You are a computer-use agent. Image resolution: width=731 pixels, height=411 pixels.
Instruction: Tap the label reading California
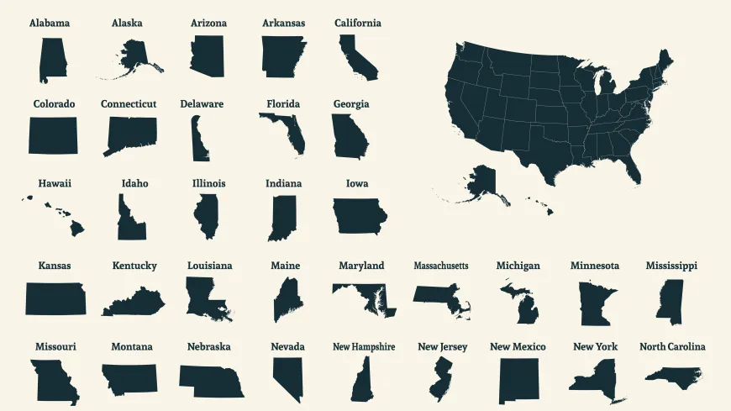357,23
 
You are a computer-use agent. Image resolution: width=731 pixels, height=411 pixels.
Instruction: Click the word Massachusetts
440,266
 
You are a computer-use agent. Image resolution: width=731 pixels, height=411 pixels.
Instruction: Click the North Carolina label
672,346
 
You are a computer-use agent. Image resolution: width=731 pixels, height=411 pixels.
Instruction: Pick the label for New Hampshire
364,346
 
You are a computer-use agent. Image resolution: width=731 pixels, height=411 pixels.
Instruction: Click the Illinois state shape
206,216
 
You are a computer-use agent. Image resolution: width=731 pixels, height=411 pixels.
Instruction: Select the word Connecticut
129,103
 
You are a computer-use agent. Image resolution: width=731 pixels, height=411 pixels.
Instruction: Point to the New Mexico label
518,346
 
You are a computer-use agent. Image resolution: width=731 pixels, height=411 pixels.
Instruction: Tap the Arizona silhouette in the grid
208,57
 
